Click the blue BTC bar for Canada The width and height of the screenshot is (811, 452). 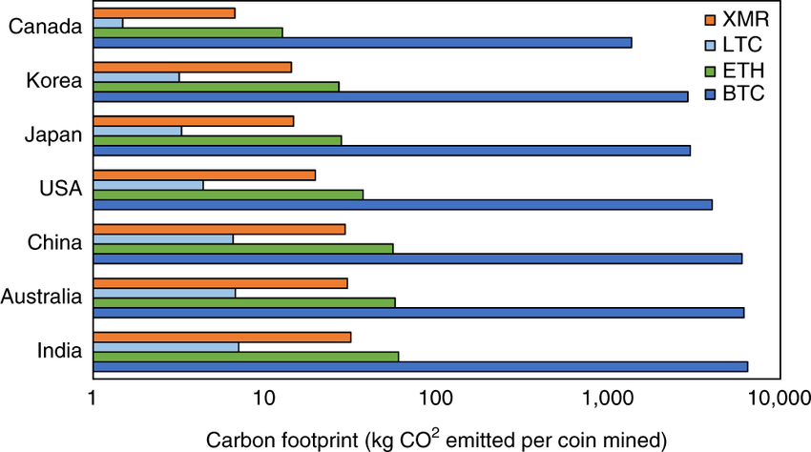pos(363,43)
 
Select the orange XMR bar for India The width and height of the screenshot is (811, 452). pos(222,337)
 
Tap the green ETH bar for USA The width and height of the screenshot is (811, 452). pos(228,195)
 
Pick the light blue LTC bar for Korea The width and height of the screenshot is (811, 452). pos(136,76)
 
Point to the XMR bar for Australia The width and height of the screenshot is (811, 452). pos(220,283)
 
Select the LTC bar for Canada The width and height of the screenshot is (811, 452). pos(108,22)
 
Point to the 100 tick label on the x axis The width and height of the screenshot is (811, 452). pos(435,397)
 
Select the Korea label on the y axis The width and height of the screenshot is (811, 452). pos(54,81)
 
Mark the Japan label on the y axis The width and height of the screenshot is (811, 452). pos(54,135)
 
